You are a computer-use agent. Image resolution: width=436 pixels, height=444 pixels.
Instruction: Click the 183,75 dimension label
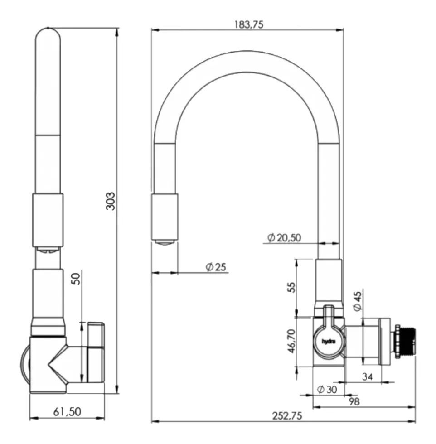[248, 24]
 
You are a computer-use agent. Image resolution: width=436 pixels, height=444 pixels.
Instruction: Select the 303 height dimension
[111, 201]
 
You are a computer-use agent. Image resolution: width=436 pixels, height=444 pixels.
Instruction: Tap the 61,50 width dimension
[67, 411]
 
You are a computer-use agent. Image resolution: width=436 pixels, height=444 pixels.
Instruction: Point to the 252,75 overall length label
[287, 416]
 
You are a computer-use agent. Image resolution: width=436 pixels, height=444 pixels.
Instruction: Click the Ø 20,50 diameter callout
[284, 237]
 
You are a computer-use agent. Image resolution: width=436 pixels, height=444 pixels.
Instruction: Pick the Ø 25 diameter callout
[216, 267]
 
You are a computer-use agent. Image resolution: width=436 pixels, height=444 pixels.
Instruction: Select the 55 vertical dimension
[291, 287]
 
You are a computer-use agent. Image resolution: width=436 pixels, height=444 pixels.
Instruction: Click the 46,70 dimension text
[291, 341]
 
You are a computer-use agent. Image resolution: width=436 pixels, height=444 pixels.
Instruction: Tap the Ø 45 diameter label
[358, 301]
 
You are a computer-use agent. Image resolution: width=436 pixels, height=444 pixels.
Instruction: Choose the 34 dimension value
[367, 376]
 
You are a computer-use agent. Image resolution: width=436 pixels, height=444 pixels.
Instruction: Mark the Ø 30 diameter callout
[327, 390]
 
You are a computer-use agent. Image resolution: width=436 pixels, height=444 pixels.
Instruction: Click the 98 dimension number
[354, 401]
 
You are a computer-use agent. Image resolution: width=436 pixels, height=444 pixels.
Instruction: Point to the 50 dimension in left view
[76, 279]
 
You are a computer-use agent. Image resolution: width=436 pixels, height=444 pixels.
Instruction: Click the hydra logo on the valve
[328, 342]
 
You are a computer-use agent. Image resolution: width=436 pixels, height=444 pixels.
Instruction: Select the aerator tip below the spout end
[165, 243]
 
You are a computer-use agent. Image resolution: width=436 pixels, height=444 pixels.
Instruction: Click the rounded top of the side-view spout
[48, 34]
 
